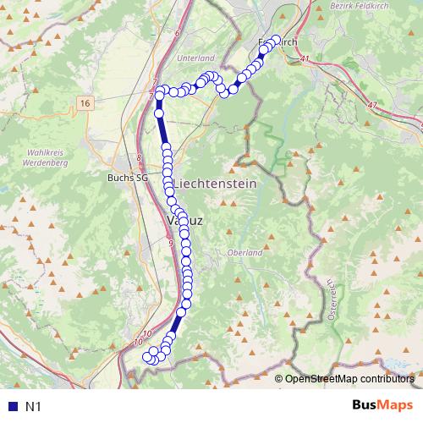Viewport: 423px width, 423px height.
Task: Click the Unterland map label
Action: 196,58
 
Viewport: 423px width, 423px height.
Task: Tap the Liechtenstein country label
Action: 216,184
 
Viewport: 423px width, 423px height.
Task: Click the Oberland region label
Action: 245,252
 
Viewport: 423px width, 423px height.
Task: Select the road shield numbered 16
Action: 83,102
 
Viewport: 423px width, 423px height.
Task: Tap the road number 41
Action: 305,58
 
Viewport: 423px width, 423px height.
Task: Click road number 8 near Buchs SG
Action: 139,157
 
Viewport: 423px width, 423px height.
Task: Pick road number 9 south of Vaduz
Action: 171,244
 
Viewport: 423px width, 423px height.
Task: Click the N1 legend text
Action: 33,407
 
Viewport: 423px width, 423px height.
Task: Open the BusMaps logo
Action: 382,406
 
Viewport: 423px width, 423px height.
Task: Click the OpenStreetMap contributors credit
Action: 349,378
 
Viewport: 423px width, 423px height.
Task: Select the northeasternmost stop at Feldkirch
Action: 276,39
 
